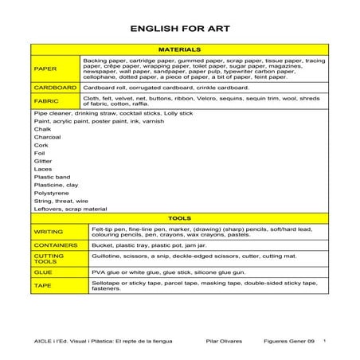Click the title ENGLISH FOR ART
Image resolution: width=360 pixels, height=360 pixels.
tap(180, 29)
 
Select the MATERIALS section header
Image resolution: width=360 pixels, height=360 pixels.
tap(180, 49)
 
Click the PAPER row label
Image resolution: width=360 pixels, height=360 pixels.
tap(45, 68)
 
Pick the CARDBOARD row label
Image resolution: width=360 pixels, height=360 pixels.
tap(55, 87)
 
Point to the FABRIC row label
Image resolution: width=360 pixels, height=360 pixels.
tap(46, 101)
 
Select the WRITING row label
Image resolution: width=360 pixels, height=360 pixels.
tap(48, 231)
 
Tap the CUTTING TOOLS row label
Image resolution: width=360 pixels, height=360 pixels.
tap(48, 258)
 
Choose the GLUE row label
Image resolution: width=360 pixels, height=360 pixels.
tap(43, 272)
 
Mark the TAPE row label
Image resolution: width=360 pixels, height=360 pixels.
tap(43, 284)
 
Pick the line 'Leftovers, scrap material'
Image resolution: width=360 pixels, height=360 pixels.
tap(70, 209)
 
